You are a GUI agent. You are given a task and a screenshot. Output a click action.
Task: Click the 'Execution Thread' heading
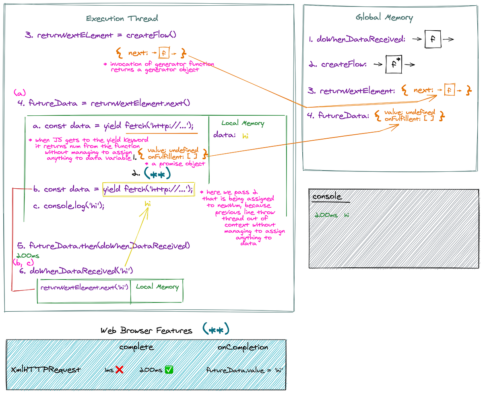122,19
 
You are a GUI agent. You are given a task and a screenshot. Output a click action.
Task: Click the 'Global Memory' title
384,17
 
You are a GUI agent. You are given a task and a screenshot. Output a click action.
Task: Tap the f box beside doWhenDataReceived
433,40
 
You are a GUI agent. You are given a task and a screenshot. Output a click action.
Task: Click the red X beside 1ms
119,369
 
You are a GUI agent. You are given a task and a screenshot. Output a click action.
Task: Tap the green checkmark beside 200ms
169,369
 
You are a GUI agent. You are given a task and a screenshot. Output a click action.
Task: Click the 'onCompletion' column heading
242,347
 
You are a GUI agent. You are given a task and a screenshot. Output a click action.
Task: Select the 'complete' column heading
136,347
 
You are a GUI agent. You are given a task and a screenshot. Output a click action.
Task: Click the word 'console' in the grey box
327,197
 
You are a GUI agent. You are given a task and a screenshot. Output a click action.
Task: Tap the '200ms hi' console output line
332,215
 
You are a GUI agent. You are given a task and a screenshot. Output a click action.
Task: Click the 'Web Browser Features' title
147,331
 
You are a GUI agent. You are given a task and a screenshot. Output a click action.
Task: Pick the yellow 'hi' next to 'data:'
245,136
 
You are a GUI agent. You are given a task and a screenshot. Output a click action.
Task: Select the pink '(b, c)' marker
23,263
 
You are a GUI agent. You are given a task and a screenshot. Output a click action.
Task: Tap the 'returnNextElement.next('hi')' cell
84,288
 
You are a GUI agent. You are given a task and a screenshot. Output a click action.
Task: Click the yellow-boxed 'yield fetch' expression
148,189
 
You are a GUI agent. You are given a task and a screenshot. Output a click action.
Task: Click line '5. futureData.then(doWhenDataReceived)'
103,246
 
